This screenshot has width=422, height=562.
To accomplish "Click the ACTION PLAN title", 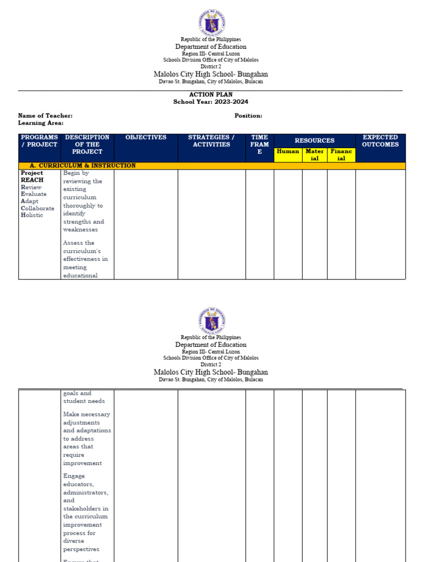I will pos(211,95).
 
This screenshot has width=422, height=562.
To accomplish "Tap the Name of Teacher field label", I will pos(45,116).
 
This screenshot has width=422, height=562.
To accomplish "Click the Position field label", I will pos(248,116).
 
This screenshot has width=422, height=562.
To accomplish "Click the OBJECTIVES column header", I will pos(146,138).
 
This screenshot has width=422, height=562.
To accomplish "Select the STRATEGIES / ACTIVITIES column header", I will pos(211,141).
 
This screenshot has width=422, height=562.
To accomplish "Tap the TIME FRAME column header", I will pos(259,145).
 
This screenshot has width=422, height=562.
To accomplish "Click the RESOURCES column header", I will pos(314,140).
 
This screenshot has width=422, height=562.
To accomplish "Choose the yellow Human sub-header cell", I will pos(288,151).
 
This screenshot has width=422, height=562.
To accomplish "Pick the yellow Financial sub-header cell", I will pos(341,155).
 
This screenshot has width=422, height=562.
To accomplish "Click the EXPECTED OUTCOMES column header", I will pos(380,141).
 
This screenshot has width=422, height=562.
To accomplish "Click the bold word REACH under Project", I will pos(32,180).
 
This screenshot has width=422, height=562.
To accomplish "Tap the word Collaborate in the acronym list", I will pos(37,208).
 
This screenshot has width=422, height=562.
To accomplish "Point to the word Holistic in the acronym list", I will pos(32,215).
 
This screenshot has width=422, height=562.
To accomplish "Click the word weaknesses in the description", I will pos(80,230).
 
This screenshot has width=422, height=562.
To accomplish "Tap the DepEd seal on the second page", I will pos(212,321).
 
